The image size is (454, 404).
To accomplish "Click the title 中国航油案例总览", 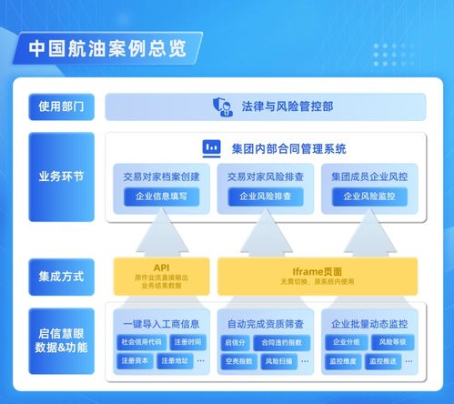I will pos(107,47).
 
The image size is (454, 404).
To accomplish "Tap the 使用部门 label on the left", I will pos(61,106).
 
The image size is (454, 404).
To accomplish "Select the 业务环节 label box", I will pos(61,177).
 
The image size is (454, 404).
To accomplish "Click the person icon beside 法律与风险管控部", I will pos(221,106).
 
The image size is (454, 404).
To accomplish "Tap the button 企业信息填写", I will pos(161,196).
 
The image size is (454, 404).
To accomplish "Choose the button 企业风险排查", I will pos(266,196).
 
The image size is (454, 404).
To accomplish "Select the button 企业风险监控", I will pos(368,196).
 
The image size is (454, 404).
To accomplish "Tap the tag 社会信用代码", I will pos(141,342).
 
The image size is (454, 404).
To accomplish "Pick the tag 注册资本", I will pos(136,361).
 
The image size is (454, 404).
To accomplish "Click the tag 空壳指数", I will pos(238,361).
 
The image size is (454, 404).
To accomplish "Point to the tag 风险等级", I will pos(392,342).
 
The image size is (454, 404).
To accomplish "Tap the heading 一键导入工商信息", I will pos(161,323).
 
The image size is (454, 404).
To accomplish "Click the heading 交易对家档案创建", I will pos(161,175).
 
